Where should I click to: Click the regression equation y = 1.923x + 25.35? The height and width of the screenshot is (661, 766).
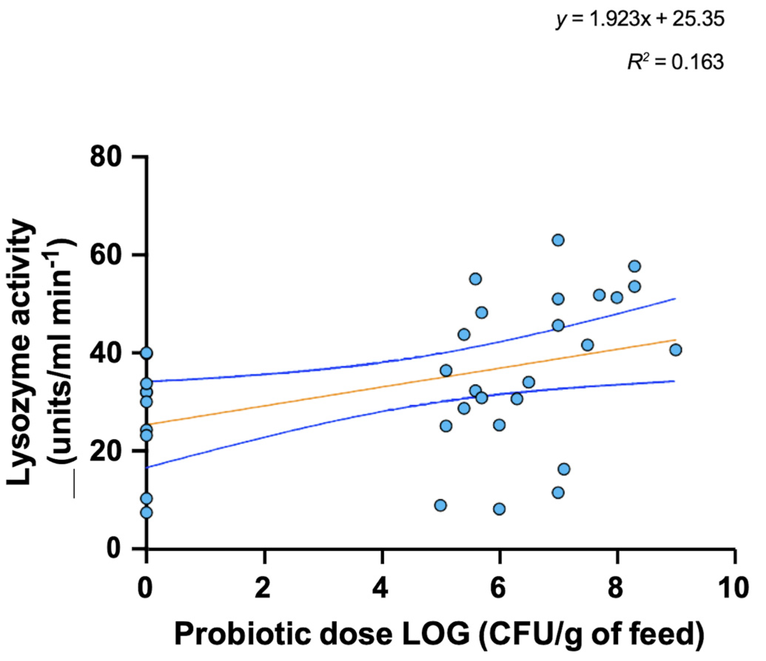pos(640,20)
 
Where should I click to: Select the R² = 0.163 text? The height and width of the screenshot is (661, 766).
pos(675,62)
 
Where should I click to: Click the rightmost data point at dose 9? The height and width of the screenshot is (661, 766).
pos(676,350)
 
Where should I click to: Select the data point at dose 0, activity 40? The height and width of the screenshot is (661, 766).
pos(147,353)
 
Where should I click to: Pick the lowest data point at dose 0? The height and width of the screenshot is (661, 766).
pos(147,512)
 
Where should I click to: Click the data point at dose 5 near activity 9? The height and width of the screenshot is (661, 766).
pos(440,505)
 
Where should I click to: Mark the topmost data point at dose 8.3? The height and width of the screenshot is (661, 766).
pos(635,266)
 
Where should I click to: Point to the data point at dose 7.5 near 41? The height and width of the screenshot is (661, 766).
pos(588,345)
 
